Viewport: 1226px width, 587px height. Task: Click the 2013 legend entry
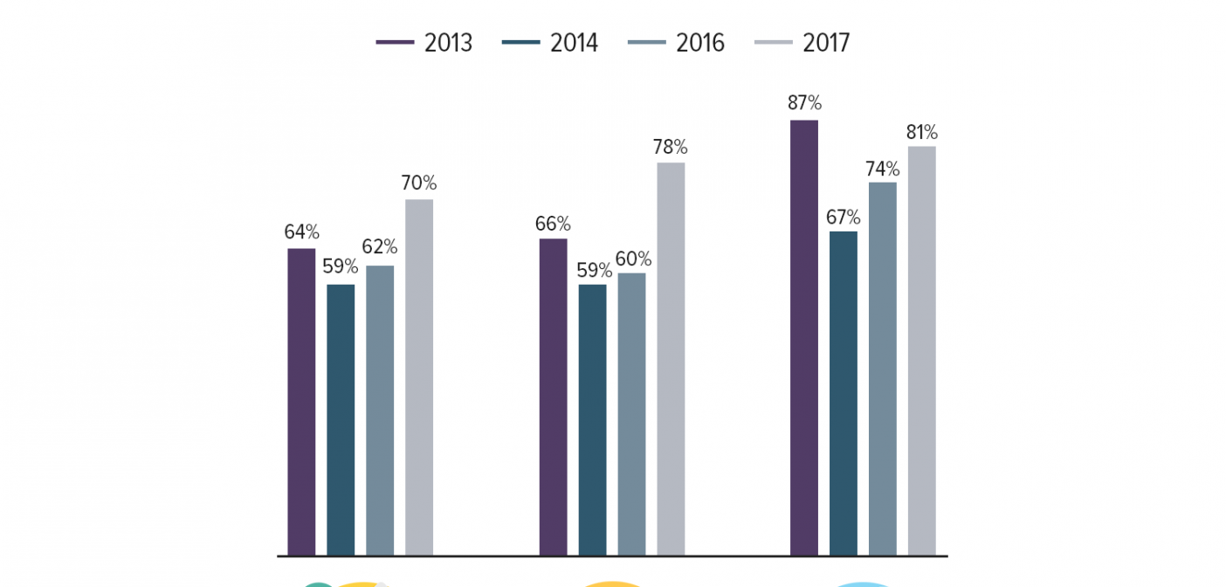pyautogui.click(x=424, y=43)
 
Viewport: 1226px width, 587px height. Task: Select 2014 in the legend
pyautogui.click(x=550, y=43)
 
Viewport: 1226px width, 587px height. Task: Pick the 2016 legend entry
pyautogui.click(x=677, y=43)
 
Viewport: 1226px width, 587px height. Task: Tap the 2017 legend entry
pyautogui.click(x=802, y=43)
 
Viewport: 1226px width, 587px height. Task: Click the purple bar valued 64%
pyautogui.click(x=301, y=402)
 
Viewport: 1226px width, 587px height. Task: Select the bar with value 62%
pyautogui.click(x=380, y=411)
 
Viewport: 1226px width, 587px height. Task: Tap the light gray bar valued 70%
pyautogui.click(x=419, y=377)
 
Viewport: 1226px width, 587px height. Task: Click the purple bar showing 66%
pyautogui.click(x=554, y=397)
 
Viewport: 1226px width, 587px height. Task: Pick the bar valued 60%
pyautogui.click(x=631, y=415)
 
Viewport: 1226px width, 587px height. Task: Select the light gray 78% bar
pyautogui.click(x=671, y=359)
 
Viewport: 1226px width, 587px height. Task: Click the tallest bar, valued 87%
pyautogui.click(x=804, y=338)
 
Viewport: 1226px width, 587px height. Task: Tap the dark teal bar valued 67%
pyautogui.click(x=844, y=394)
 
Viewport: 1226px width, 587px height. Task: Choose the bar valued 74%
pyautogui.click(x=883, y=369)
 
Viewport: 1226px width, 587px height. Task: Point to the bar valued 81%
pyautogui.click(x=922, y=351)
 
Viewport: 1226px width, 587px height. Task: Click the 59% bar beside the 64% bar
pyautogui.click(x=341, y=420)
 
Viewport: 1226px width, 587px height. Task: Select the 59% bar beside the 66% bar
pyautogui.click(x=592, y=420)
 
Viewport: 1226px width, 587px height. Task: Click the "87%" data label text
pyautogui.click(x=804, y=102)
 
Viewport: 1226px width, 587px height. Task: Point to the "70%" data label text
pyautogui.click(x=418, y=183)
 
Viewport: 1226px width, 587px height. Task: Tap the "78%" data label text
pyautogui.click(x=670, y=146)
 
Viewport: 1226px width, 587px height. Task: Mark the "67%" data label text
pyautogui.click(x=843, y=217)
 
